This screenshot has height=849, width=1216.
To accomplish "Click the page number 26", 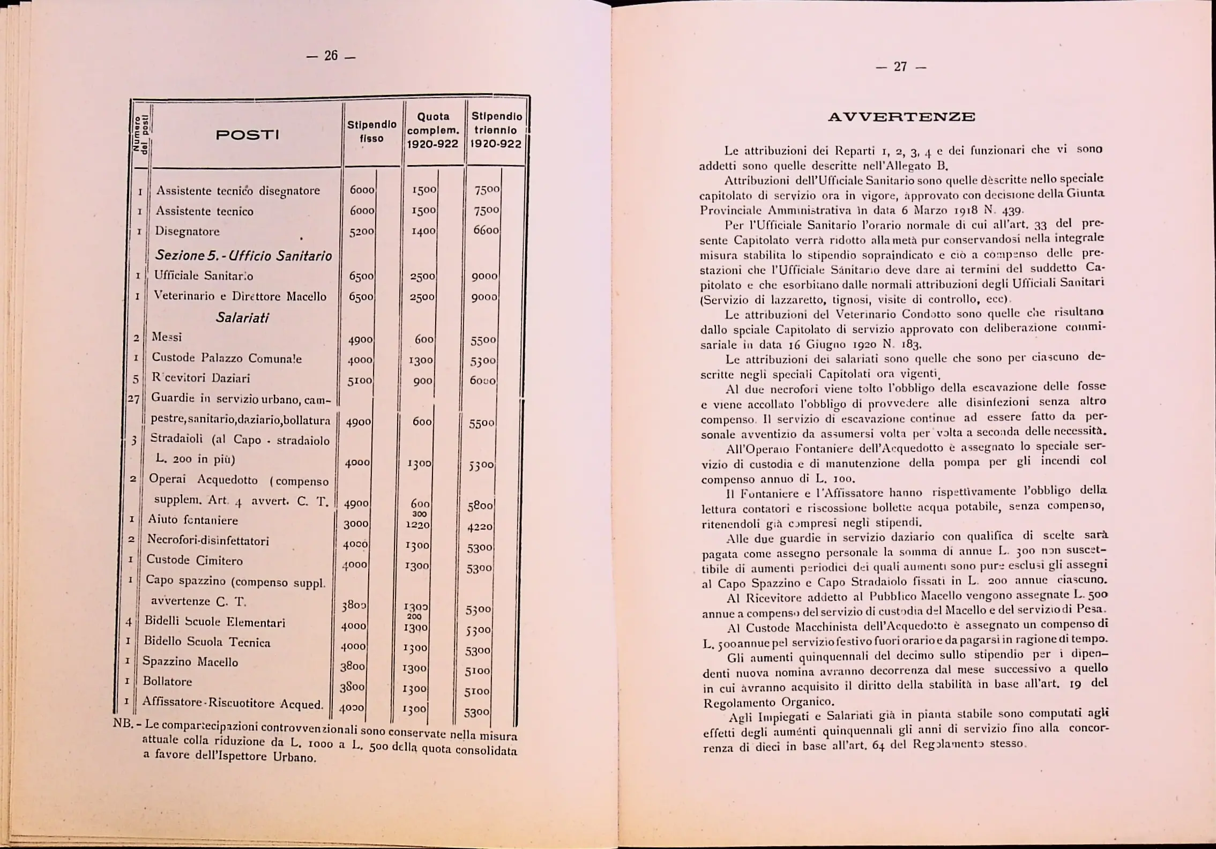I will (x=331, y=56).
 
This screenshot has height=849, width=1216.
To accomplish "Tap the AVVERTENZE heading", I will (x=901, y=117).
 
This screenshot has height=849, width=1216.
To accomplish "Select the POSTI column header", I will (x=247, y=135).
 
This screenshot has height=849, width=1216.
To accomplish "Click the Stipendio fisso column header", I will (x=372, y=131).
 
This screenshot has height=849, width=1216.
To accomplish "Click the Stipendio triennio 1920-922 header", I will (x=496, y=130).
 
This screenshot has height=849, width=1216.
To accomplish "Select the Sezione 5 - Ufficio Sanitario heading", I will (x=243, y=256).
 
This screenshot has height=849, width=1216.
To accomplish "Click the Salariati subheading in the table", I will (x=242, y=317).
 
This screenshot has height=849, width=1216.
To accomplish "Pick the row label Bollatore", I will (x=167, y=681).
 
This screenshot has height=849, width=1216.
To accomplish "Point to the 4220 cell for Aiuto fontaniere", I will (x=480, y=528).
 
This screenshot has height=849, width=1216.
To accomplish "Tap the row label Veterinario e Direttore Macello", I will (x=240, y=296).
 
